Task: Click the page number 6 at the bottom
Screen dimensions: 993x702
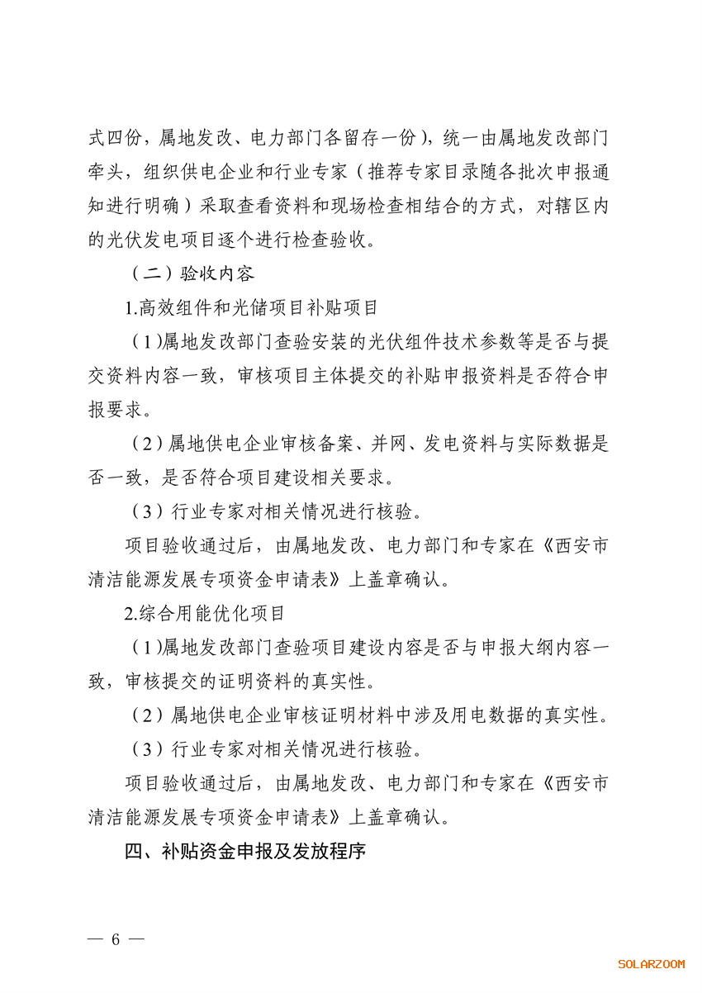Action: click(116, 939)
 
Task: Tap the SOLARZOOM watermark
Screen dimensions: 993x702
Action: click(652, 963)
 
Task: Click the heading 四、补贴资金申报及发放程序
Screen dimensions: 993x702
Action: click(245, 852)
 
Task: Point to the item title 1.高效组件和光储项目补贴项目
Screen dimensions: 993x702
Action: click(251, 308)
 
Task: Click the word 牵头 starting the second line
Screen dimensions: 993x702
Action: click(107, 172)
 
